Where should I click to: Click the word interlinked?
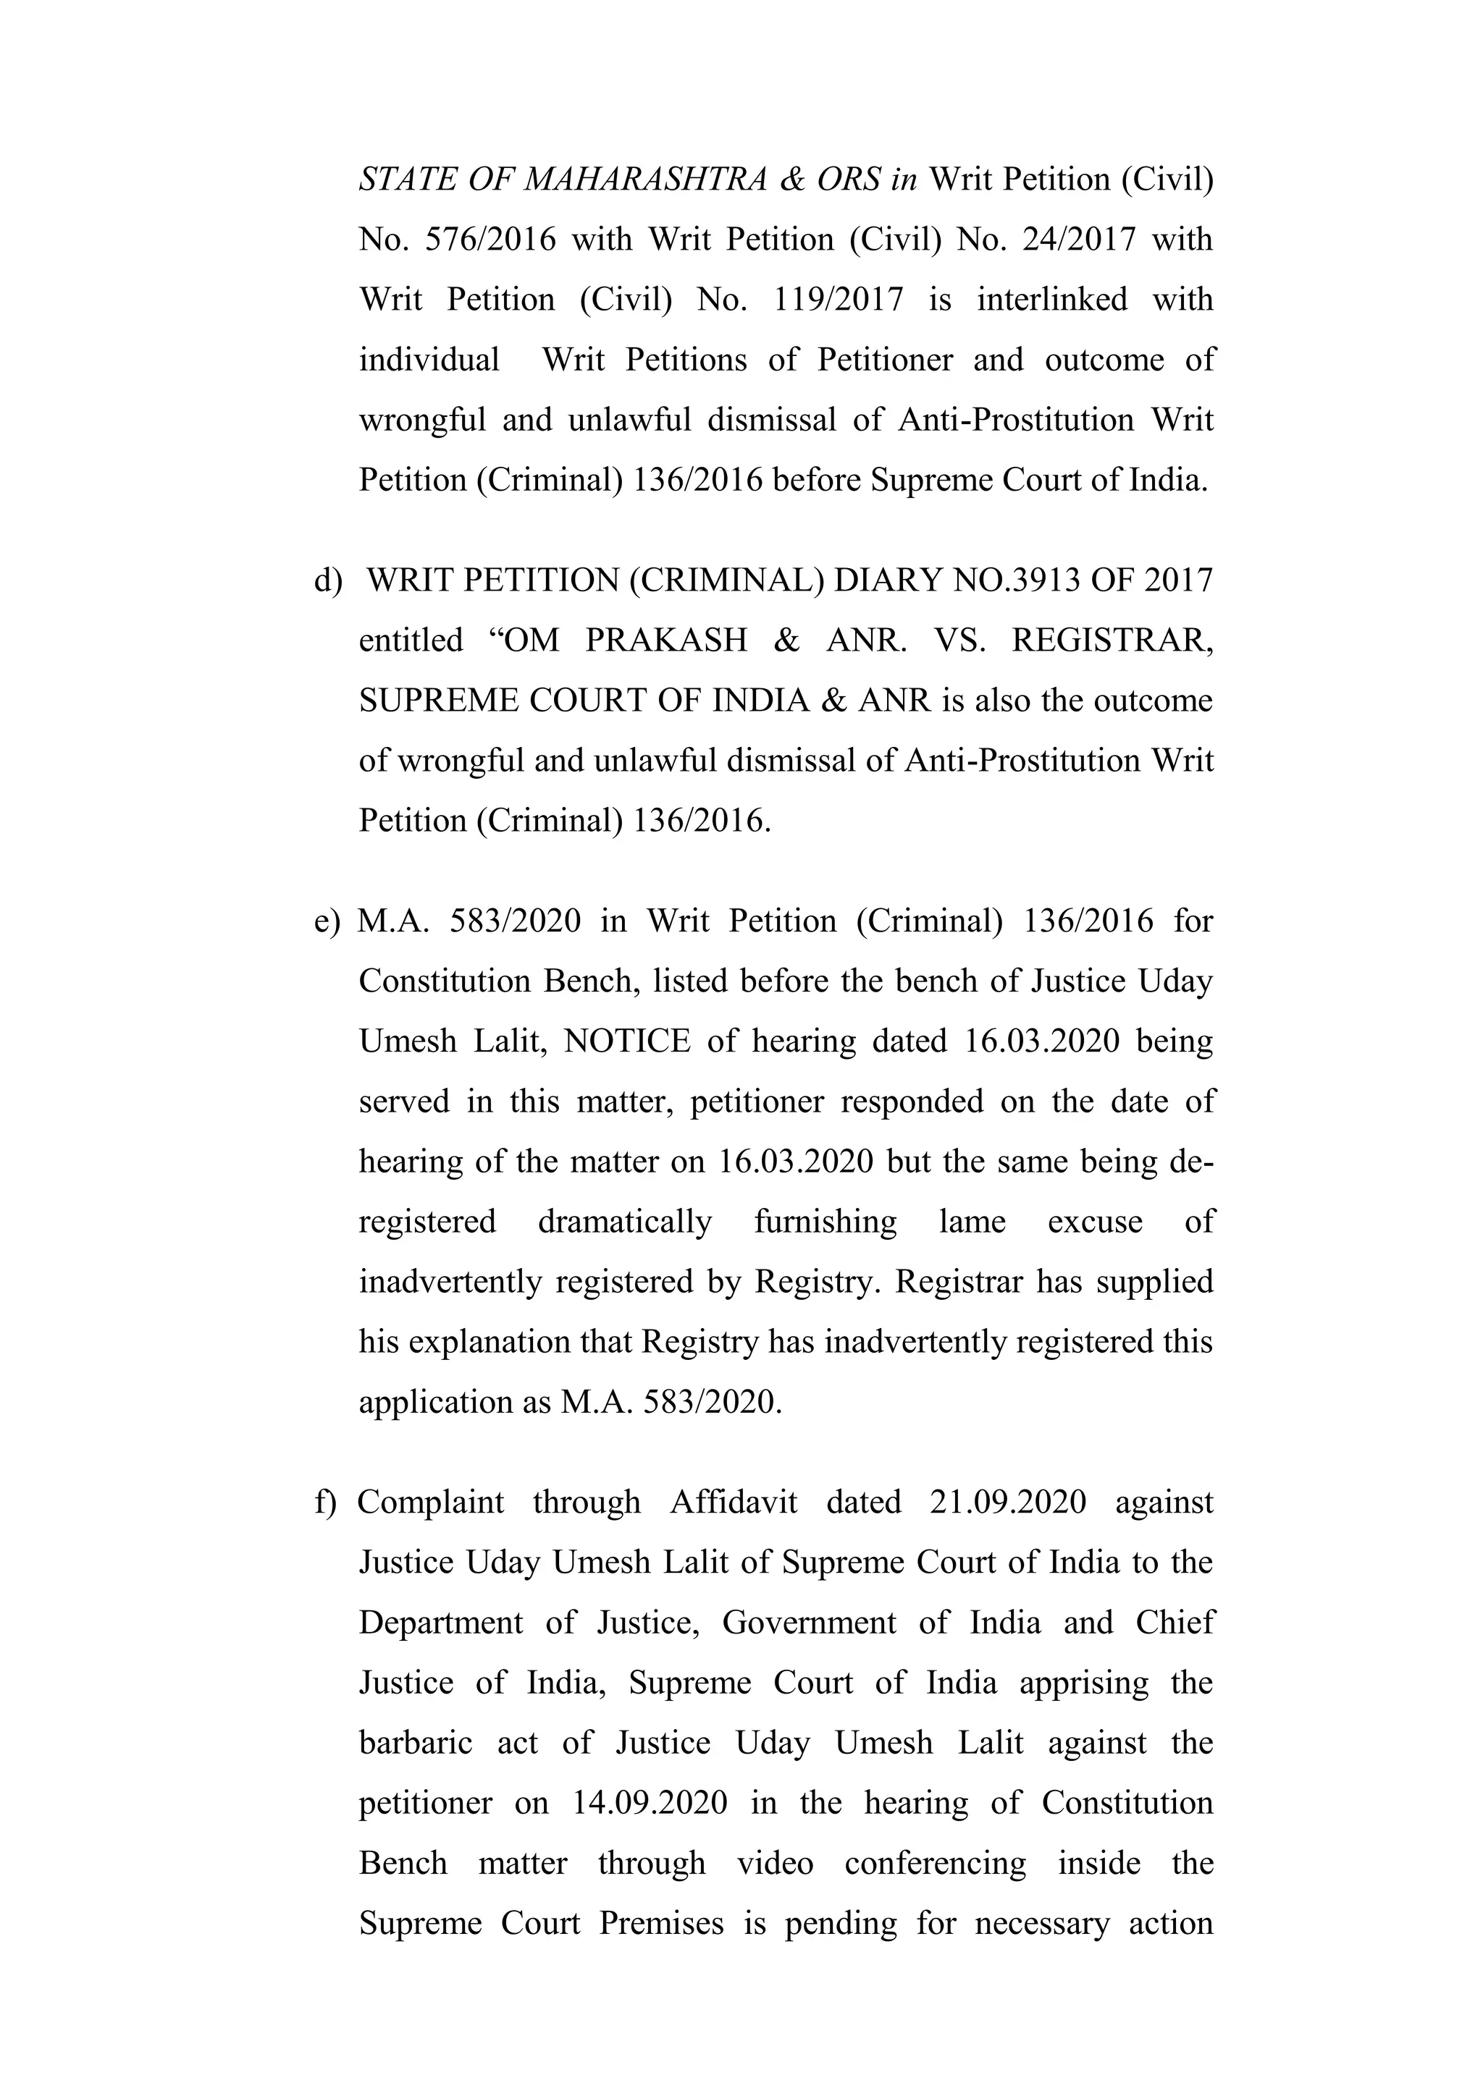click(1052, 300)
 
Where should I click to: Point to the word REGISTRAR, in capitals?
click(1112, 641)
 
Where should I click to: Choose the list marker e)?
click(327, 921)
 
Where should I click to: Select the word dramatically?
click(625, 1222)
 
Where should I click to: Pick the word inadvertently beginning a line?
click(452, 1282)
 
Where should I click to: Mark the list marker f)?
click(326, 1503)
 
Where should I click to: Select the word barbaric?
click(416, 1744)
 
